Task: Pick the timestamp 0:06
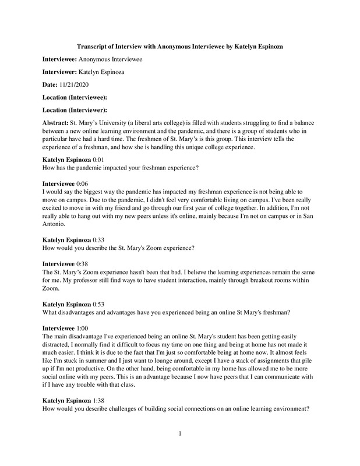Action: click(x=84, y=183)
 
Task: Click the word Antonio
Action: click(x=57, y=224)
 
